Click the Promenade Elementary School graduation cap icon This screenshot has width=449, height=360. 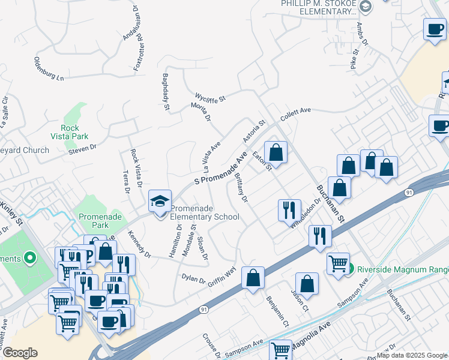pyautogui.click(x=160, y=201)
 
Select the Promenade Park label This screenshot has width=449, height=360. pyautogui.click(x=94, y=220)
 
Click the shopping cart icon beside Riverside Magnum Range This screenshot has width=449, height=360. pyautogui.click(x=338, y=263)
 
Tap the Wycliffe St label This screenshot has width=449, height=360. pyautogui.click(x=209, y=97)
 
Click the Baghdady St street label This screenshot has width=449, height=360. pyautogui.click(x=166, y=92)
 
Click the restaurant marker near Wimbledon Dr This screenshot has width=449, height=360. pyautogui.click(x=289, y=210)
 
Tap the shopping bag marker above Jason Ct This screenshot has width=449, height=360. pyautogui.click(x=307, y=285)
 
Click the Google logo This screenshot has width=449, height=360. pyautogui.click(x=20, y=353)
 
